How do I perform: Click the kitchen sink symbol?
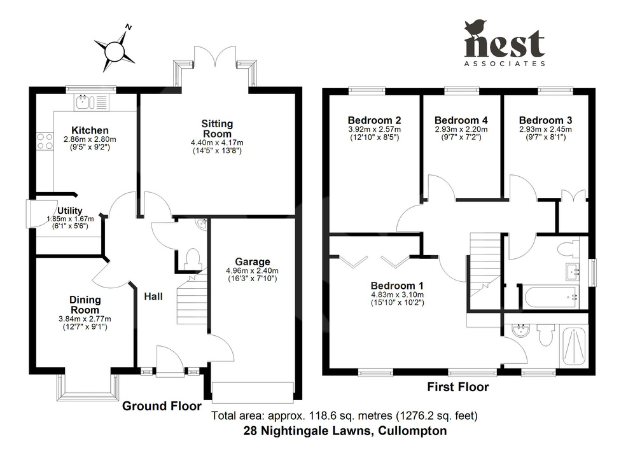click(x=85, y=101)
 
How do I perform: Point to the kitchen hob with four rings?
click(x=45, y=141)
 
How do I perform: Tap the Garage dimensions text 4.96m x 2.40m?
click(x=253, y=270)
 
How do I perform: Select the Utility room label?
click(x=69, y=211)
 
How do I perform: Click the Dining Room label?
click(x=85, y=305)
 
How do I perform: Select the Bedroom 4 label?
click(x=461, y=120)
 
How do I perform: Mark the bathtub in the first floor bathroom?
click(x=549, y=296)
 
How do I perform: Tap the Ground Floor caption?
click(x=162, y=406)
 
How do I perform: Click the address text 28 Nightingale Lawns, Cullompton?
click(x=345, y=431)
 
